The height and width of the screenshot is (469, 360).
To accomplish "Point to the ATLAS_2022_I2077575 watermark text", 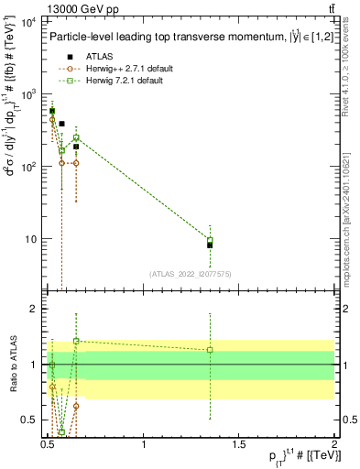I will pos(191,273).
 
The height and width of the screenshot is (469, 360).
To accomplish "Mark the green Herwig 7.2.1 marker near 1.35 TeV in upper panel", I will pos(210,240).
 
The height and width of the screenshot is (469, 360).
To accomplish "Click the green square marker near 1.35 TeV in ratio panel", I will pos(210,350).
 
